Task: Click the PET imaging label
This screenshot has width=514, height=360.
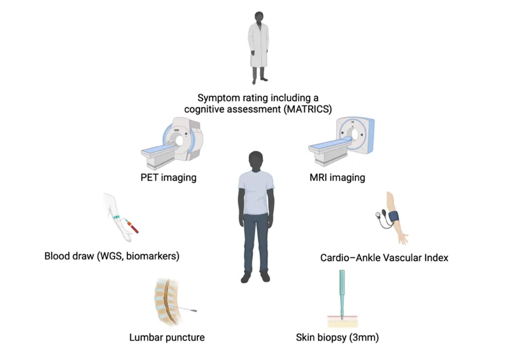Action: tap(168, 178)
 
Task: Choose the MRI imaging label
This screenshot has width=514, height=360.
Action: tap(337, 178)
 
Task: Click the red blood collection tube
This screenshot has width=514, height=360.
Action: tap(132, 224)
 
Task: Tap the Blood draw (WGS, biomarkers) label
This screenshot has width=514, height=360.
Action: tap(112, 256)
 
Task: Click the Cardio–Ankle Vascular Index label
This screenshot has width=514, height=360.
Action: tap(384, 257)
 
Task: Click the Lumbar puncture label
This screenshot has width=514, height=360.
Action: tap(167, 337)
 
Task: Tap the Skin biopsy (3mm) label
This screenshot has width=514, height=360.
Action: tap(337, 337)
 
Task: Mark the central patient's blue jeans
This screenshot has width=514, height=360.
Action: tap(256, 241)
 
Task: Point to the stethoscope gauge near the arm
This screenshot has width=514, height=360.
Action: tap(379, 216)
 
